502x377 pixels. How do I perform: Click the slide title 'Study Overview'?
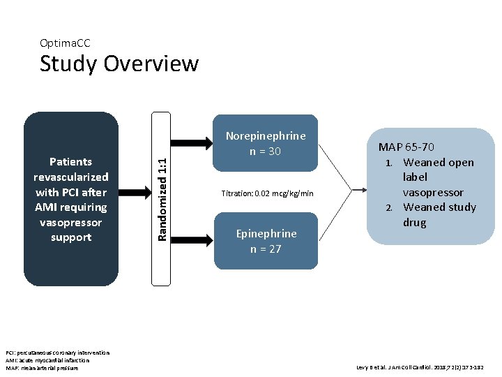pyautogui.click(x=119, y=64)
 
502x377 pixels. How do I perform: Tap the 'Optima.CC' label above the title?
pyautogui.click(x=65, y=43)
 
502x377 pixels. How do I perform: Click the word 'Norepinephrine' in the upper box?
pyautogui.click(x=265, y=136)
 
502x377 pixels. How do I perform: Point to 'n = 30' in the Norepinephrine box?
pyautogui.click(x=265, y=151)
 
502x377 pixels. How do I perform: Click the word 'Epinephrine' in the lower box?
pyautogui.click(x=266, y=233)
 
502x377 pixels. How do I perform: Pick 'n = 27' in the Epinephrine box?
pyautogui.click(x=266, y=249)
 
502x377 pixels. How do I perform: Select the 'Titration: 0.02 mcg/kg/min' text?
pyautogui.click(x=267, y=193)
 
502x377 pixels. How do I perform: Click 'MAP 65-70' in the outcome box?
pyautogui.click(x=406, y=147)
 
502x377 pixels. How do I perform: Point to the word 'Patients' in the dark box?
pyautogui.click(x=70, y=161)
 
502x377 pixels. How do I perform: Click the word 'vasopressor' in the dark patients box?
pyautogui.click(x=70, y=222)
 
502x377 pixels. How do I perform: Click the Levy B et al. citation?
pyautogui.click(x=420, y=367)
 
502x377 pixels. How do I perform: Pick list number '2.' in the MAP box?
pyautogui.click(x=392, y=207)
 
